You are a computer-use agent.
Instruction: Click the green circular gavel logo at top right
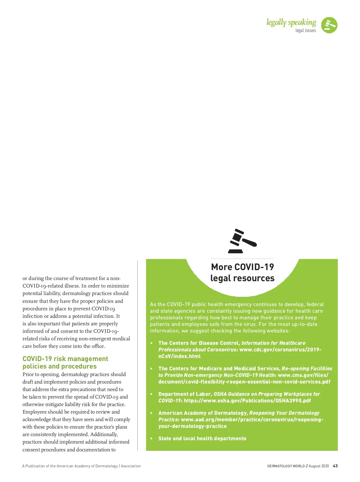coord(329,25)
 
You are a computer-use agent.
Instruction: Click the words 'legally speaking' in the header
coord(291,23)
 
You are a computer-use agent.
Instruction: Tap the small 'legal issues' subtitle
coord(305,30)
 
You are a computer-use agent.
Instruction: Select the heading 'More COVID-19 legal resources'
coord(242,273)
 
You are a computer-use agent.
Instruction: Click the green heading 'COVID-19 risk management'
coord(65,359)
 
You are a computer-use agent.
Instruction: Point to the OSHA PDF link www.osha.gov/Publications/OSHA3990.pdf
coord(247,401)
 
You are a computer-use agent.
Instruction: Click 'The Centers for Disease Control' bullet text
coord(199,343)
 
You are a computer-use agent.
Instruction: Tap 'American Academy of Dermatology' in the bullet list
coord(203,413)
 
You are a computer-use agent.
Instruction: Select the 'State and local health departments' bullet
coord(202,438)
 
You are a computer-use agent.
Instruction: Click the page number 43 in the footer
coord(335,466)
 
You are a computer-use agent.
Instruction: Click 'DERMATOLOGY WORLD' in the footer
coord(286,466)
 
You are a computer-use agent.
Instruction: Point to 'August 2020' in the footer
coord(319,466)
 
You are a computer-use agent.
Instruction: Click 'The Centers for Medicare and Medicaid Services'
coord(219,369)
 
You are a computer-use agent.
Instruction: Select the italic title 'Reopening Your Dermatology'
coord(284,413)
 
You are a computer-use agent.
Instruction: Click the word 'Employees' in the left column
coord(34,412)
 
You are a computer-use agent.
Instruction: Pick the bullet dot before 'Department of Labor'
coord(151,394)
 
